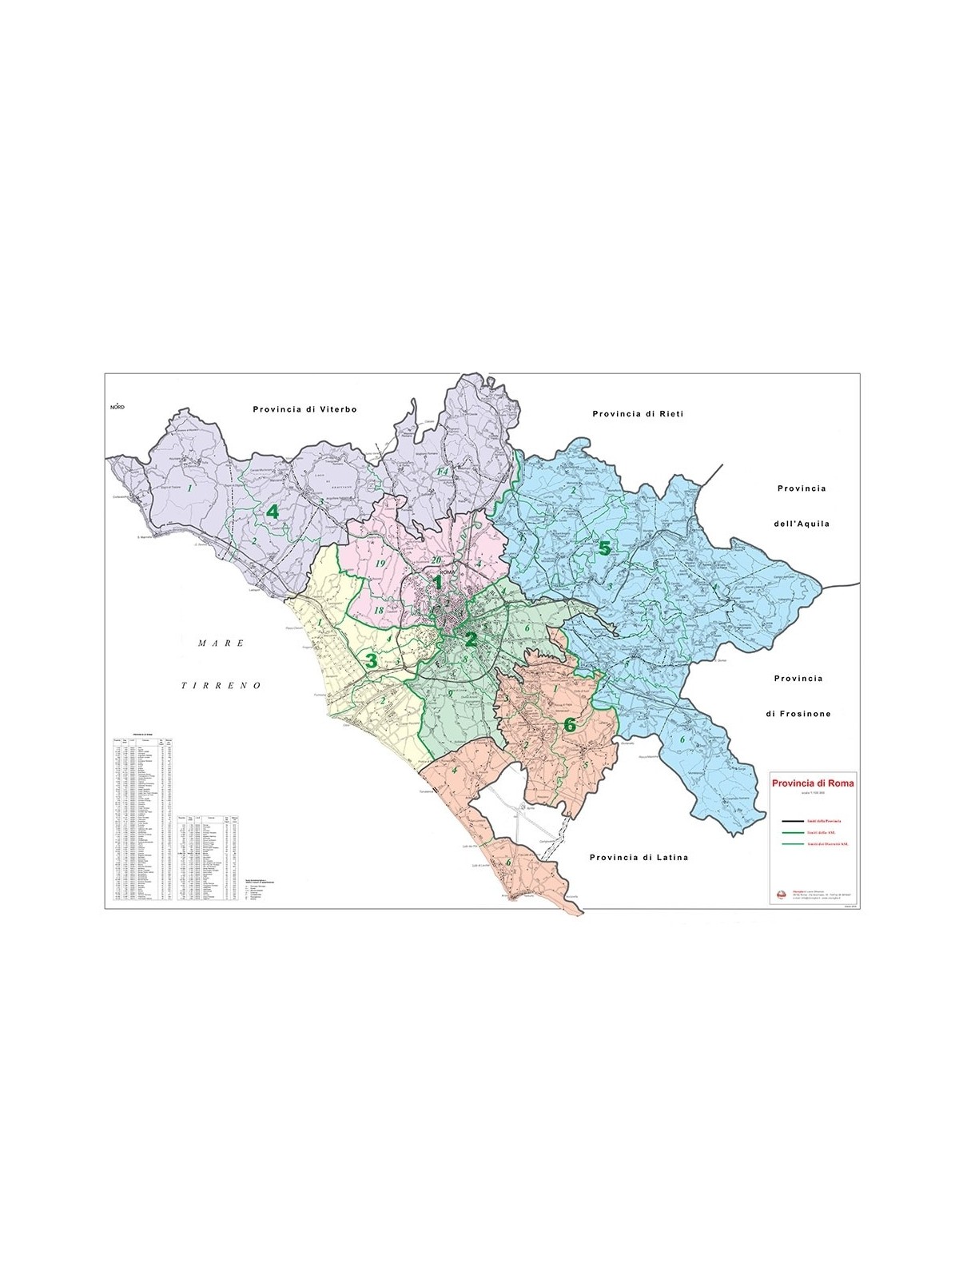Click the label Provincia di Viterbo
click(304, 408)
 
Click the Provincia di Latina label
click(639, 857)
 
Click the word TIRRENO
click(221, 686)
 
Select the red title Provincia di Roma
click(812, 783)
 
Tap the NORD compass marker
click(118, 406)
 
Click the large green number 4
click(273, 512)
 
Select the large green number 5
click(604, 548)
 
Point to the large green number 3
click(370, 660)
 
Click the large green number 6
click(569, 725)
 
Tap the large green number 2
click(471, 639)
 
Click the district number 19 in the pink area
click(380, 563)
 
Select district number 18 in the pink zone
click(378, 611)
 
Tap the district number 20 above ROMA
click(436, 560)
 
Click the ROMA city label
click(446, 573)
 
